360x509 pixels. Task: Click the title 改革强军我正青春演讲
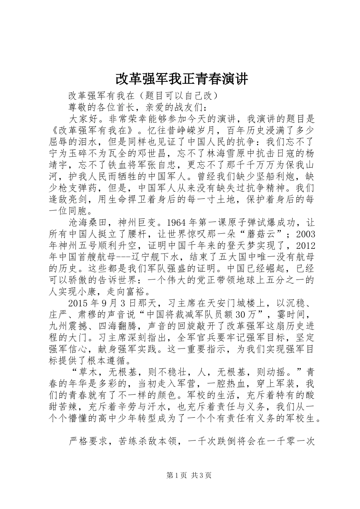pyautogui.click(x=181, y=79)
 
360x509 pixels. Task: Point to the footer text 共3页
pyautogui.click(x=202, y=475)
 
